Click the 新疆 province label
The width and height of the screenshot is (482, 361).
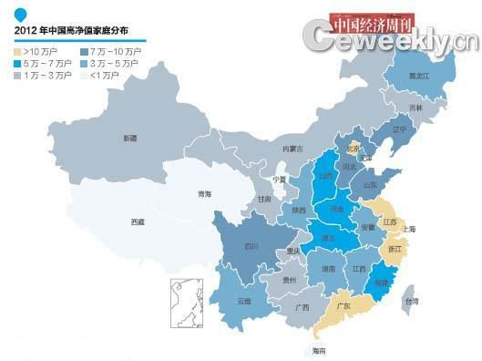click(130, 139)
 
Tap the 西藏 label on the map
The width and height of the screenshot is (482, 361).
click(137, 222)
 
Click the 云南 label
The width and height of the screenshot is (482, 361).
click(244, 300)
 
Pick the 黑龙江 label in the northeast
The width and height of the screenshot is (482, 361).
click(420, 76)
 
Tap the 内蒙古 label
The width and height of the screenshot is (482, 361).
click(291, 148)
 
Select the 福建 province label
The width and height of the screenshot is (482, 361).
click(381, 284)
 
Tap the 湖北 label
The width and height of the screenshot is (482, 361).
click(326, 238)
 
